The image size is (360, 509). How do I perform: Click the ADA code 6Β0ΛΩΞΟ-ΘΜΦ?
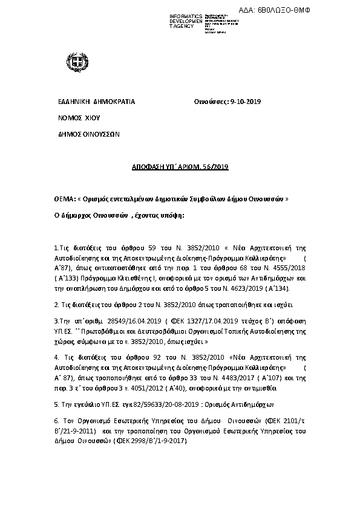click(x=322, y=10)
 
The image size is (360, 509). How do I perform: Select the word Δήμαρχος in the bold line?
click(x=80, y=215)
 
